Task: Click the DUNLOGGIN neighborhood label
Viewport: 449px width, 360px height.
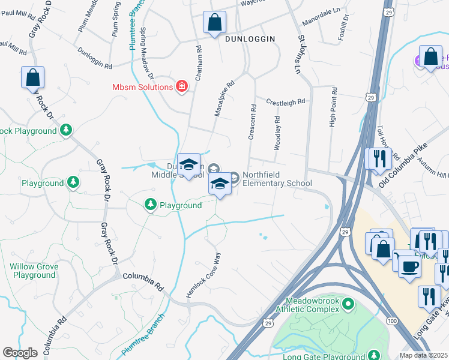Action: (x=250, y=38)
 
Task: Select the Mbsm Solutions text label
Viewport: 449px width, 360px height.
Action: (x=142, y=87)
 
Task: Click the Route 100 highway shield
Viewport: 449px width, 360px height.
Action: (x=391, y=322)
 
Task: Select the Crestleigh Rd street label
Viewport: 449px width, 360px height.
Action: (x=286, y=103)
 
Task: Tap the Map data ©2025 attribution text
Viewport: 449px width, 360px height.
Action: (x=423, y=355)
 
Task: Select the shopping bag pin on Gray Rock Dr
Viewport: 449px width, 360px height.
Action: (x=33, y=77)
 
